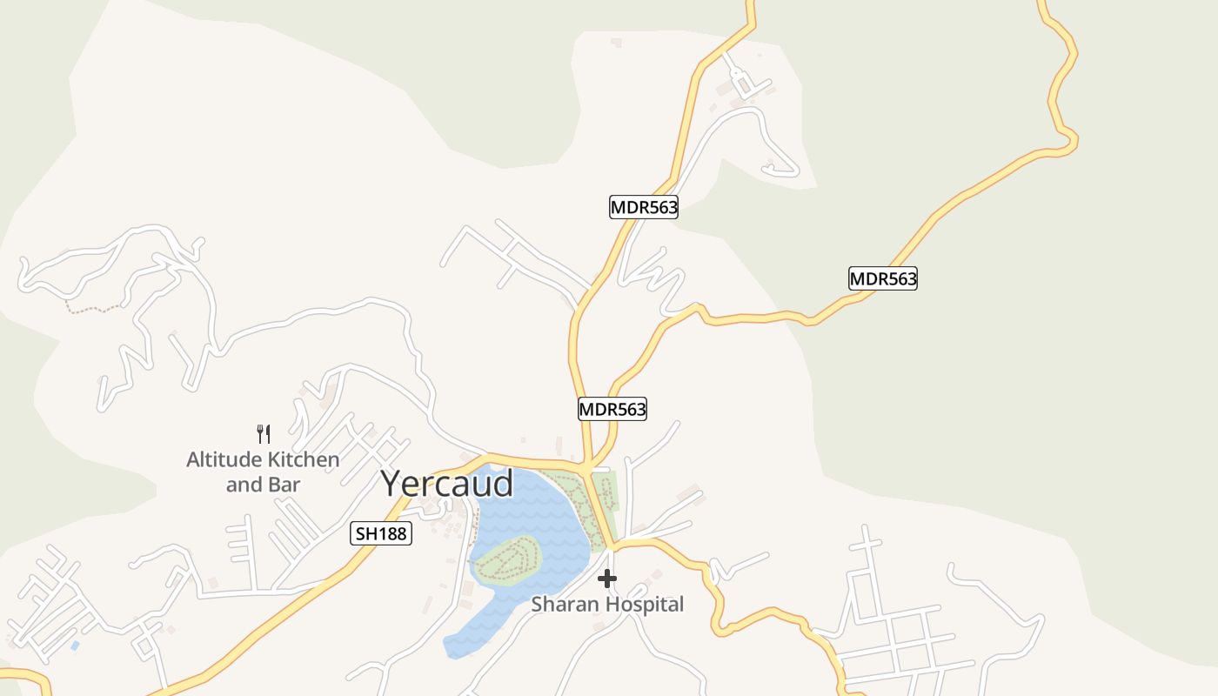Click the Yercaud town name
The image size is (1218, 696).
[447, 484]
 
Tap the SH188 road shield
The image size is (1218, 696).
[381, 533]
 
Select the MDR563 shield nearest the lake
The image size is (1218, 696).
[612, 409]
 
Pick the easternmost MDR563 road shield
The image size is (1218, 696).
[882, 278]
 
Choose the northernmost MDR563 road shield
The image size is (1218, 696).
[643, 207]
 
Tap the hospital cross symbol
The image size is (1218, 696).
[607, 579]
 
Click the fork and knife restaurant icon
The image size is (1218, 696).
[264, 433]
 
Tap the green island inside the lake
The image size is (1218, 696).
[508, 559]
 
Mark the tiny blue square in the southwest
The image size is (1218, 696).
[75, 646]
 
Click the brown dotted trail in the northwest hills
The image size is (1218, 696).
[96, 308]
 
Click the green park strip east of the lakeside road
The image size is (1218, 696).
[612, 500]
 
